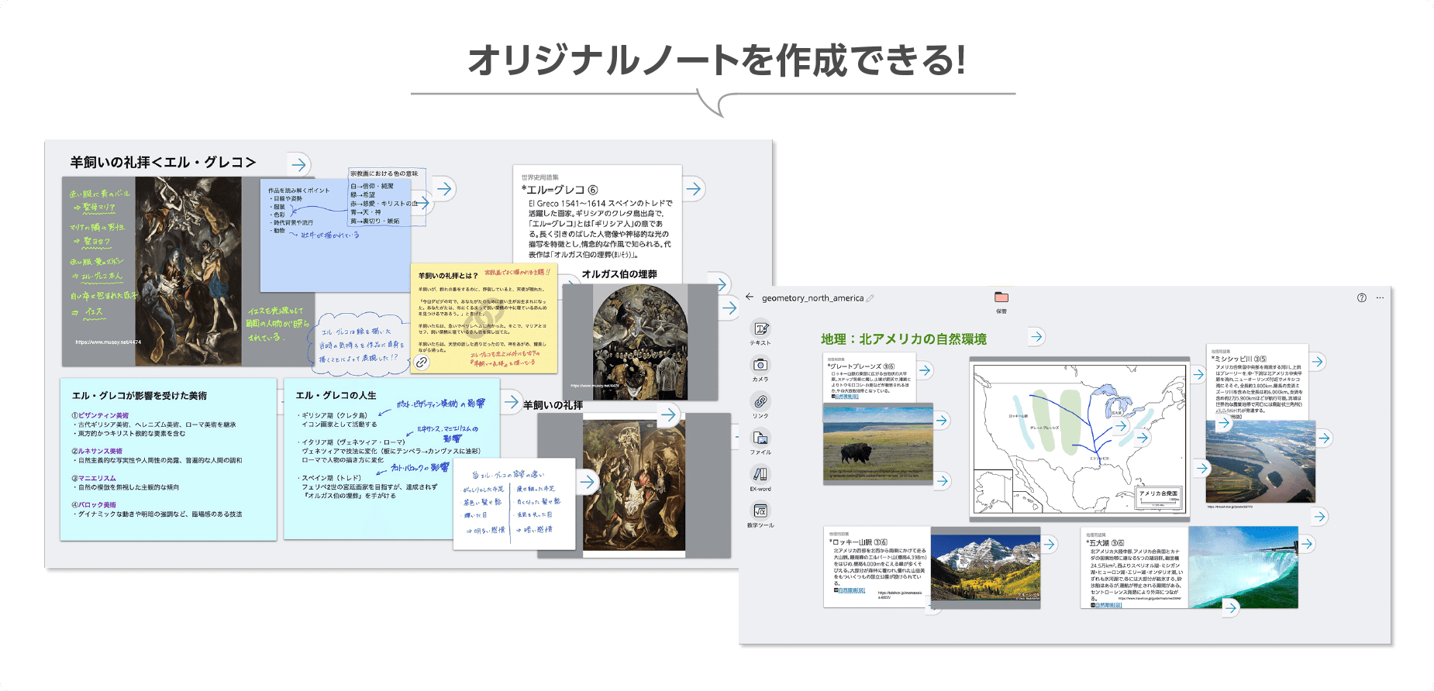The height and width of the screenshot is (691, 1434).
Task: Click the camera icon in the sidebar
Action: [x=760, y=365]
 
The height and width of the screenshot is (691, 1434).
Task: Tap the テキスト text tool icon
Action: [x=760, y=329]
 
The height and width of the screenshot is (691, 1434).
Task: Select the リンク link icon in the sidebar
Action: [x=760, y=401]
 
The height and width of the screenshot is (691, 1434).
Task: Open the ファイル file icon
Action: [x=760, y=438]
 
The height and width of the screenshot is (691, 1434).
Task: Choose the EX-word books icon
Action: [x=760, y=474]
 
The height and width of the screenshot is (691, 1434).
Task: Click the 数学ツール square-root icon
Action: [x=760, y=511]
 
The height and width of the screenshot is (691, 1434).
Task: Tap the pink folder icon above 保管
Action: [x=1001, y=297]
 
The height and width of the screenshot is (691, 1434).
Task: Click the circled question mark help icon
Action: [x=1362, y=297]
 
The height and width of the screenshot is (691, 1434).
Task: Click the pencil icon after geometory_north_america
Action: [x=870, y=298]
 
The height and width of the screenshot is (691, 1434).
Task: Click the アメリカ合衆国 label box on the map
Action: [x=1158, y=493]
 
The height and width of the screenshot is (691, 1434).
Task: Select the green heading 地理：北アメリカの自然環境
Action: [x=903, y=339]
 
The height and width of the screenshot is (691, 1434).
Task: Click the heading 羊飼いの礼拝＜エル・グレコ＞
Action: [x=163, y=163]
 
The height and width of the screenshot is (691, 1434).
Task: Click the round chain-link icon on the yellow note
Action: [x=422, y=362]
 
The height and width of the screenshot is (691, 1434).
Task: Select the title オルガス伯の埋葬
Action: [x=619, y=274]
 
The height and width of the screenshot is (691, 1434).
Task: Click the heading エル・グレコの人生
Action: [x=336, y=395]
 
